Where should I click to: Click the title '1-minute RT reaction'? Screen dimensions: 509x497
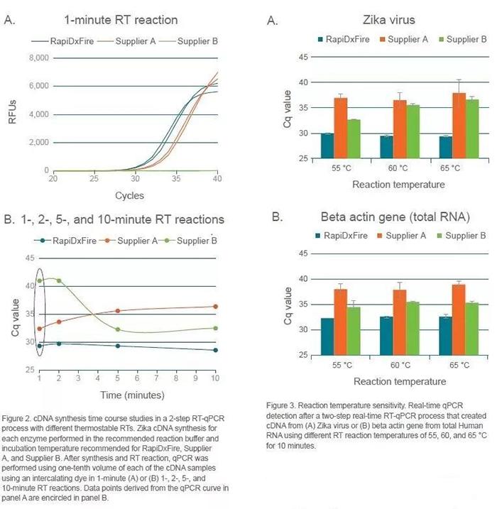click(120, 19)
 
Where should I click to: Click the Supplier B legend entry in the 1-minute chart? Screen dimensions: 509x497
click(196, 40)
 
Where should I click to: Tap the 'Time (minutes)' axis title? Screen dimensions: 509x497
click(131, 394)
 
